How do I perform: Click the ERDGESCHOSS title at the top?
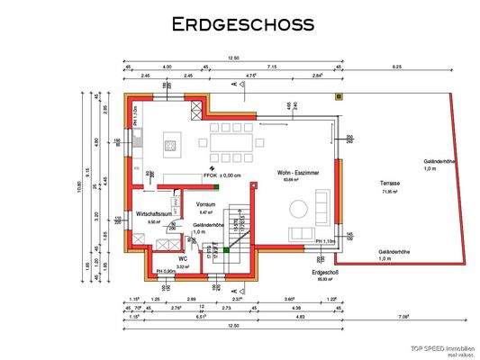coord(242,24)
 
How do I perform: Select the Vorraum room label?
coord(205,204)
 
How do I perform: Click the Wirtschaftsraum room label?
coord(154,214)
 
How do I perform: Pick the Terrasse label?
coord(390,184)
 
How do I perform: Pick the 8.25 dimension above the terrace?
coord(397,67)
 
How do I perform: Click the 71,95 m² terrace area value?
coord(390,192)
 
